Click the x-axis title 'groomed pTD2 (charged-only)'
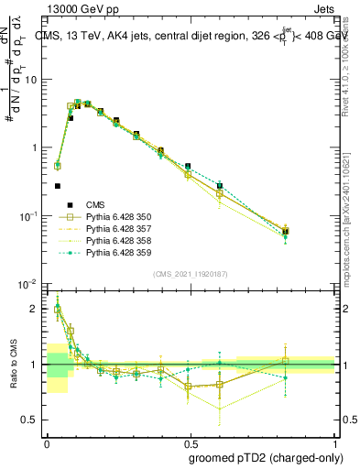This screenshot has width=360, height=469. click(266, 457)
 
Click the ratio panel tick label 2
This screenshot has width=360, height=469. click(35, 309)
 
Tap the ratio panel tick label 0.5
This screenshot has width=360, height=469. click(29, 420)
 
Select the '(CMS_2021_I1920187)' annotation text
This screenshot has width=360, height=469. click(190, 273)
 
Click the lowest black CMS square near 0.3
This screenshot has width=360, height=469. click(57, 186)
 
